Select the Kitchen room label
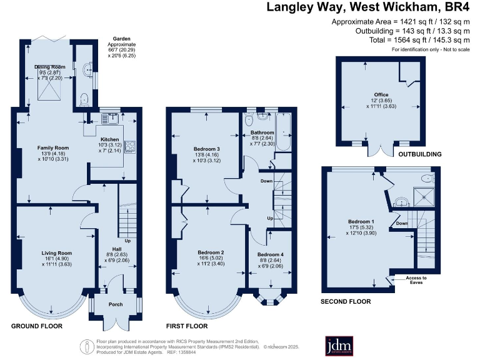pyautogui.click(x=109, y=139)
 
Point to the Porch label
pyautogui.click(x=116, y=304)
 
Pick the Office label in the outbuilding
pyautogui.click(x=372, y=95)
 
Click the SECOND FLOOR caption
pyautogui.click(x=346, y=301)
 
